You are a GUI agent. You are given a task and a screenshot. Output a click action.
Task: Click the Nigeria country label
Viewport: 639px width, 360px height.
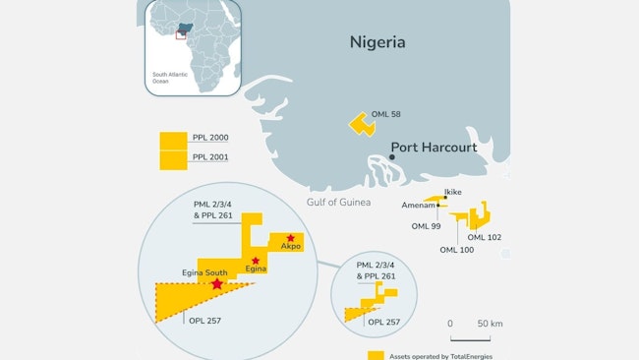point(378,42)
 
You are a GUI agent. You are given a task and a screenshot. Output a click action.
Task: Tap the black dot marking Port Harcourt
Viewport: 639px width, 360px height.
point(392,157)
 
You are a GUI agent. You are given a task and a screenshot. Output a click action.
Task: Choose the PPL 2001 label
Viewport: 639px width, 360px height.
point(211,157)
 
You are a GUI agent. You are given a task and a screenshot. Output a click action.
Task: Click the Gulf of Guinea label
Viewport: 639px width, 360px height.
point(338,202)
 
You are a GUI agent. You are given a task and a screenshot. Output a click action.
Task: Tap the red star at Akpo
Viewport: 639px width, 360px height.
point(290,238)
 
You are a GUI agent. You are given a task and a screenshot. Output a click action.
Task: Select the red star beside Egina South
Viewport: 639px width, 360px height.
point(216,283)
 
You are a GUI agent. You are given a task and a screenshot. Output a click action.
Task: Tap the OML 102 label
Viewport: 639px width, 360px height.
point(484,237)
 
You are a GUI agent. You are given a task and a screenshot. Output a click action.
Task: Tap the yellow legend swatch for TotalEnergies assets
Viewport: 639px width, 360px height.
point(375,355)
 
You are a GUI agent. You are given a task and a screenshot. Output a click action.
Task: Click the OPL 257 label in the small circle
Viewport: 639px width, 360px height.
point(383,322)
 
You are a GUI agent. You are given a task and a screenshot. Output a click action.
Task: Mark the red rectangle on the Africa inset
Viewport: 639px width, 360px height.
point(181,34)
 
